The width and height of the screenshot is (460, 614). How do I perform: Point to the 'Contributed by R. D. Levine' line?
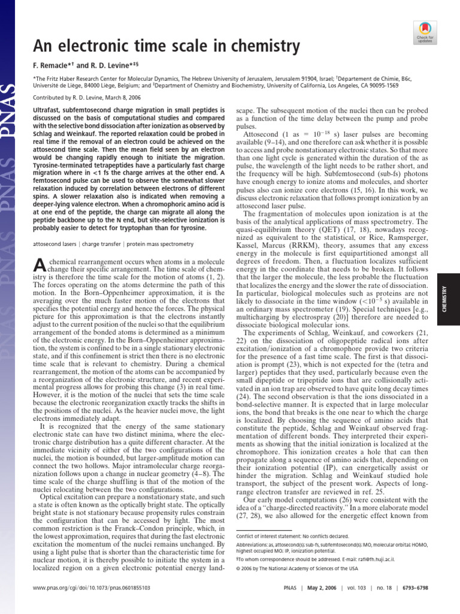pyautogui.click(x=77, y=97)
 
